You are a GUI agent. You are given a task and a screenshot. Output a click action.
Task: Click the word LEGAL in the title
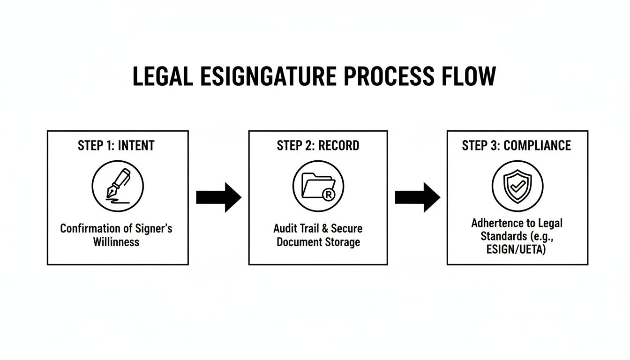pos(162,77)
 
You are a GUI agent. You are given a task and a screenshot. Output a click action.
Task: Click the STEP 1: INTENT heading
pos(116,146)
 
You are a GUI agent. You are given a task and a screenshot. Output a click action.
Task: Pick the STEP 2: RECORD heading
pos(318,146)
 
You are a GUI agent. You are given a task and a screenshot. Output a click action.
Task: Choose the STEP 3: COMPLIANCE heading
pos(517,146)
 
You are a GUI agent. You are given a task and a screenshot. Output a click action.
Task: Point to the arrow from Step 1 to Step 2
pos(218,197)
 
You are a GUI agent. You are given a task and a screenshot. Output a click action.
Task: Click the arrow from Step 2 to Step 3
pos(417,197)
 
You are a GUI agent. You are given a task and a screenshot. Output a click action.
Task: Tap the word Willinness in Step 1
pos(116,242)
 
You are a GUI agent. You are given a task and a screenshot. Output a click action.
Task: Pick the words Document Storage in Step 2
pos(318,242)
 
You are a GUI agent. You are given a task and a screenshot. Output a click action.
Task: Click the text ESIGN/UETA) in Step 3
pos(517,250)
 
